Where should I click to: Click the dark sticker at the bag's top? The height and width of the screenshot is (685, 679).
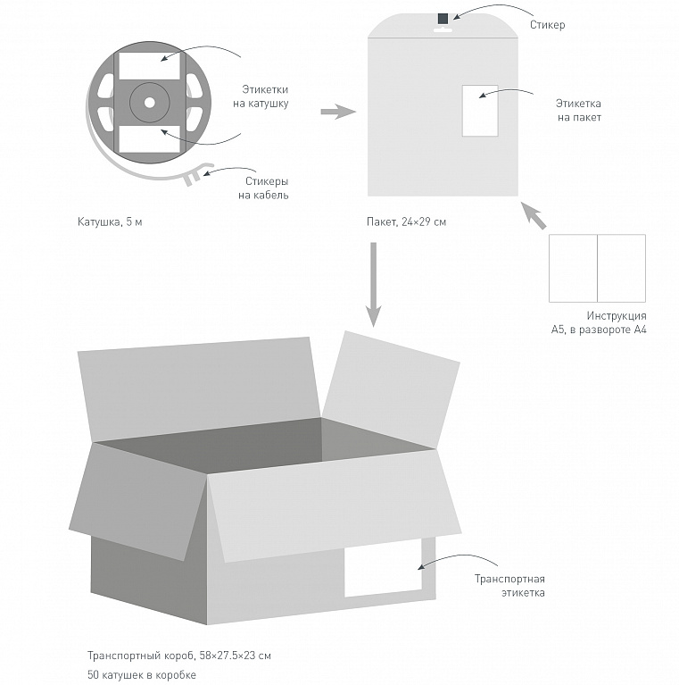(x=443, y=18)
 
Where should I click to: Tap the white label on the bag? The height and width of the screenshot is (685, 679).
(x=479, y=111)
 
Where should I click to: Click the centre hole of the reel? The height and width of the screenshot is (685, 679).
(x=149, y=102)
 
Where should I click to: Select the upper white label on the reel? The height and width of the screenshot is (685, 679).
(x=149, y=67)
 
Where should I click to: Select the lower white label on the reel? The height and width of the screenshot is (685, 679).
(x=149, y=137)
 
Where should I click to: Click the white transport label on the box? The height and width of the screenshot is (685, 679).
(x=383, y=568)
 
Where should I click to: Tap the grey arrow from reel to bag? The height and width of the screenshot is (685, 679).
(x=337, y=112)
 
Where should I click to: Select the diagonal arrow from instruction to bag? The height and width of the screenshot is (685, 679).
(x=534, y=216)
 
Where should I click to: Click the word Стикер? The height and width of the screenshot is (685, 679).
(x=547, y=25)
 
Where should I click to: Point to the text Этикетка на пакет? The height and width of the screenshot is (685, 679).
(x=579, y=110)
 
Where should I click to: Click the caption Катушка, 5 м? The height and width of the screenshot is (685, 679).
(x=109, y=221)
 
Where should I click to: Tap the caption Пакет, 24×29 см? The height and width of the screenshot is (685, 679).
(x=405, y=221)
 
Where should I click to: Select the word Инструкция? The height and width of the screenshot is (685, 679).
(x=617, y=316)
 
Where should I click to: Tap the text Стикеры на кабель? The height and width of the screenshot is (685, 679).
(x=262, y=188)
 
